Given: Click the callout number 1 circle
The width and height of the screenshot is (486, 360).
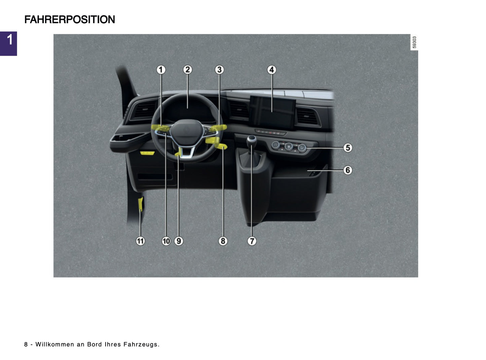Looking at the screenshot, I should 161,70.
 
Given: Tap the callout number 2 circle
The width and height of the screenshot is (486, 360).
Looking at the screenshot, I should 188,70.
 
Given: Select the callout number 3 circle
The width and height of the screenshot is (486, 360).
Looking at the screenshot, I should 219,70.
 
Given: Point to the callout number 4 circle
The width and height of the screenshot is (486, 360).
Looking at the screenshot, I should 272,70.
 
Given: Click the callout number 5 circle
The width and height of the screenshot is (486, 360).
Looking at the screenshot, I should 348,148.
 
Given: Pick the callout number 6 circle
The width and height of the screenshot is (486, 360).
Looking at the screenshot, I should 348,170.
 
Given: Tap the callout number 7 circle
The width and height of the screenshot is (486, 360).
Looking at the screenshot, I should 252,241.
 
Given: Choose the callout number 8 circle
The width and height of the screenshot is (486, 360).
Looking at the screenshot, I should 223,241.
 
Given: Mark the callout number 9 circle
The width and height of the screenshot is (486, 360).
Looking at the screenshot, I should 179,241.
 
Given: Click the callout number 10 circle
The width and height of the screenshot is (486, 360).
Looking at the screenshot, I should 166,241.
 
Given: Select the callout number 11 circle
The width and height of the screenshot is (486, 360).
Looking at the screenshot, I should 140,241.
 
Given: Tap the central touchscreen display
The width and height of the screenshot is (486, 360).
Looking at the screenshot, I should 272,112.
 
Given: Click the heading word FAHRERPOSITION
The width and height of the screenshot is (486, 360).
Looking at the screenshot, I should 70,20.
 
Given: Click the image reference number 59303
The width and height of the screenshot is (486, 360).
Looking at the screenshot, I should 414,42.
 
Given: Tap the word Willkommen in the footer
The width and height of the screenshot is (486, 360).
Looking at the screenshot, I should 54,345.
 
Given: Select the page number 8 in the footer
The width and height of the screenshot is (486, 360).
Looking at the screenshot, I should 26,345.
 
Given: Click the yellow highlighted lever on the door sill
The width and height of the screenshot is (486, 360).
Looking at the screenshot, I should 141,205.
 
